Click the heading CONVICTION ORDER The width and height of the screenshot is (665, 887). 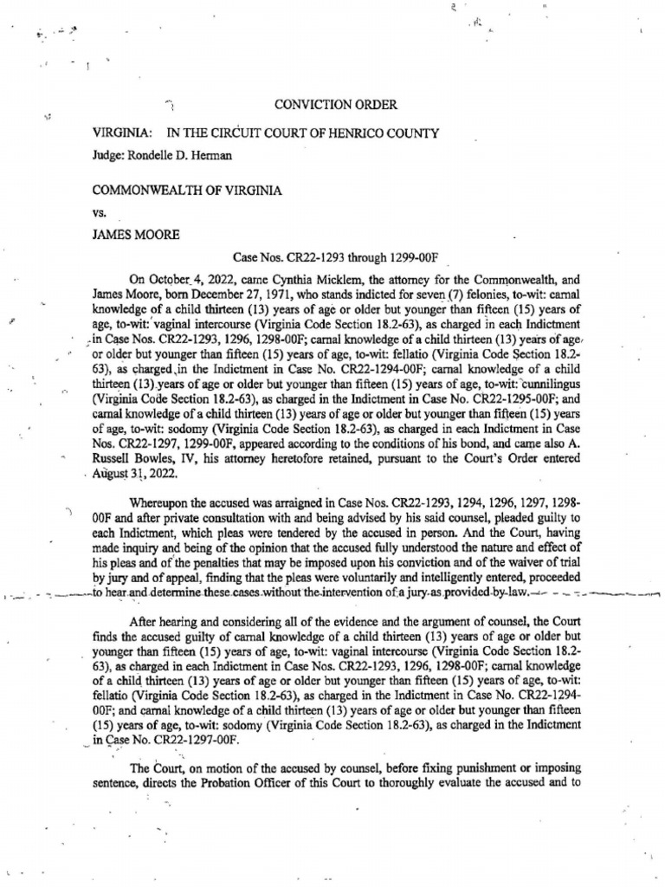click(x=335, y=105)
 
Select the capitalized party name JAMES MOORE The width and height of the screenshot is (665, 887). click(x=134, y=233)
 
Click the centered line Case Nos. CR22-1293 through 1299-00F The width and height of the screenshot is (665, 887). click(x=338, y=257)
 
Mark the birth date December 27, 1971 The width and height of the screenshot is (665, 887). click(x=222, y=295)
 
